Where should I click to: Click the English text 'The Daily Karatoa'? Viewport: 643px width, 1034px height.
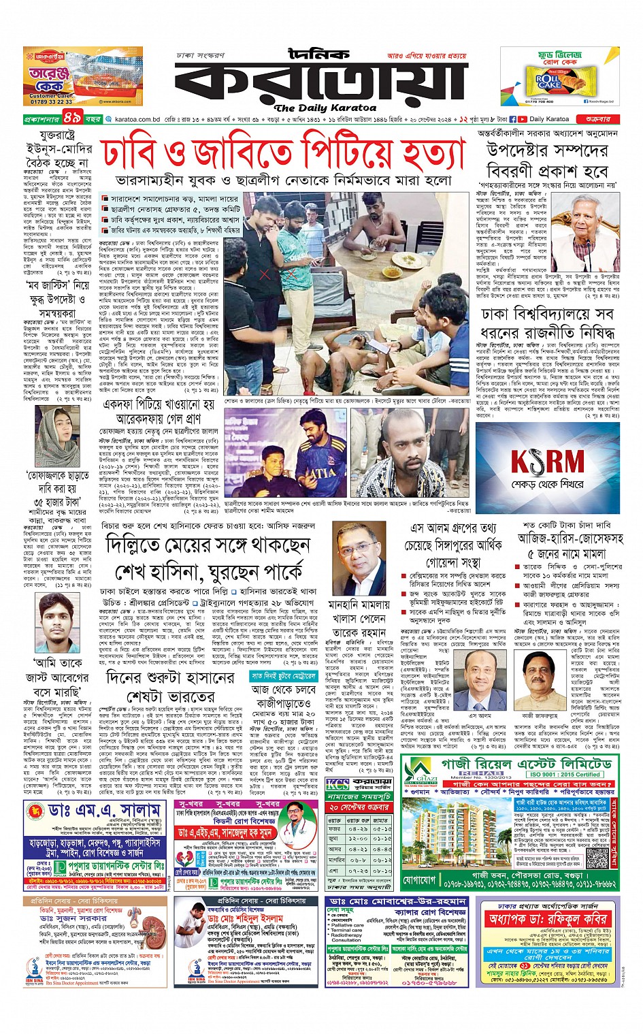point(325,108)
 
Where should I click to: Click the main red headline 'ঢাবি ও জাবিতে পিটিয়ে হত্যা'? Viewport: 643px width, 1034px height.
point(284,155)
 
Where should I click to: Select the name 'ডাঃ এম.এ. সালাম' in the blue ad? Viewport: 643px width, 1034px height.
point(106,809)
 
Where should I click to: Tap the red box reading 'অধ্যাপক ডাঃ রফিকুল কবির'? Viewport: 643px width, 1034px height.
point(548,919)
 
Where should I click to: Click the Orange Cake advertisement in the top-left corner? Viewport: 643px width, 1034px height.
point(82,76)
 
